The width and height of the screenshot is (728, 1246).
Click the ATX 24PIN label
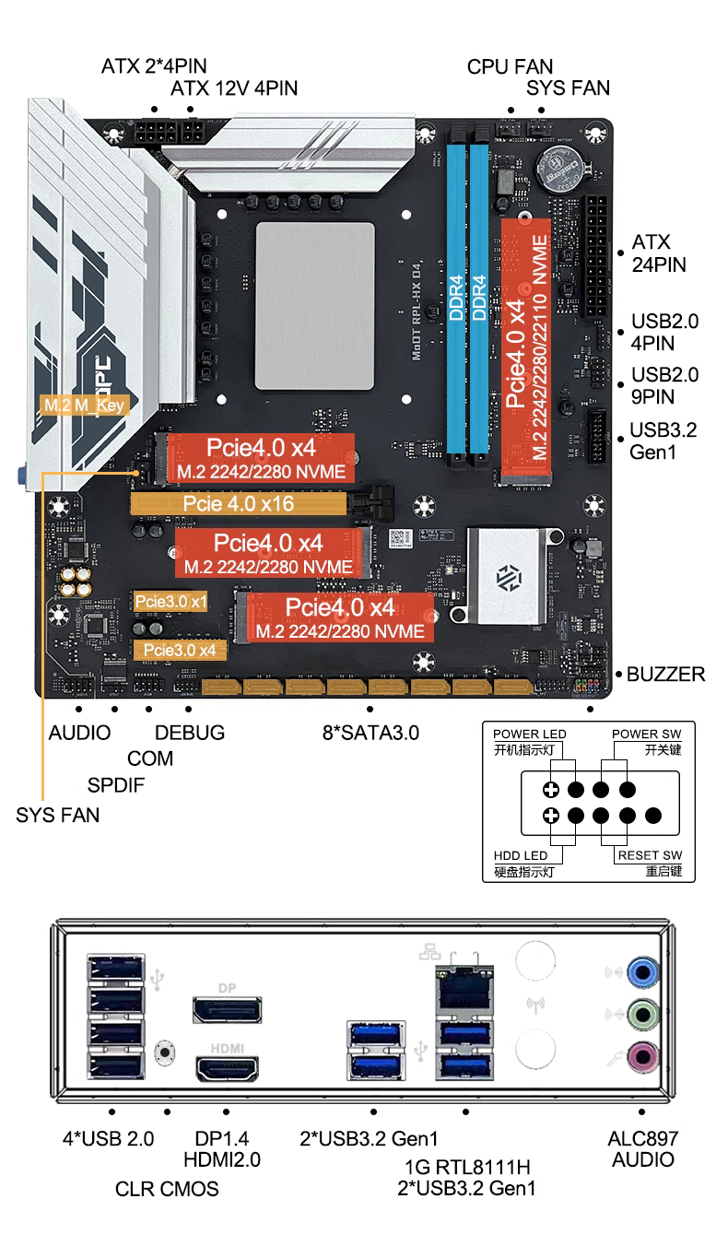pos(658,253)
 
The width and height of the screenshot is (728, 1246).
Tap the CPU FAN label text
pos(510,66)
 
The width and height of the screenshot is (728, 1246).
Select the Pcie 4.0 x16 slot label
pos(239,504)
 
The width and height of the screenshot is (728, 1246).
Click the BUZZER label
pos(665,674)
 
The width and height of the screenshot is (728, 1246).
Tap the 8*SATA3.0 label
pos(370,733)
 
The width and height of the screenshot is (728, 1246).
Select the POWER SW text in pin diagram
pos(646,734)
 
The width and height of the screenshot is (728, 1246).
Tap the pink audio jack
pos(642,1058)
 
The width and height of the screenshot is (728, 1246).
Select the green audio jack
pos(642,1015)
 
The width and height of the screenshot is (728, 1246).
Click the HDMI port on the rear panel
pos(227,1071)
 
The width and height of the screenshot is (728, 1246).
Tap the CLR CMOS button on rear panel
pos(167,1051)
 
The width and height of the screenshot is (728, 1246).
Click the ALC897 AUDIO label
pos(642,1148)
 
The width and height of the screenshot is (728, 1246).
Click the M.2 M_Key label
pos(84,405)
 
